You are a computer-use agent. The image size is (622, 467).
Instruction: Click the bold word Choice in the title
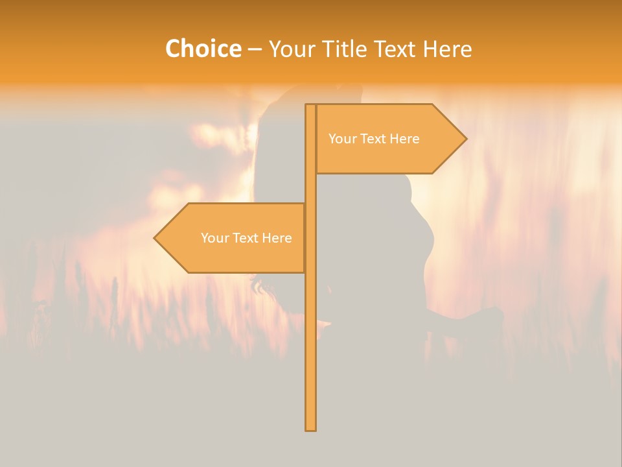[x=203, y=49]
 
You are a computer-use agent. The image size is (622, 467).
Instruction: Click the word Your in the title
[x=291, y=49]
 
